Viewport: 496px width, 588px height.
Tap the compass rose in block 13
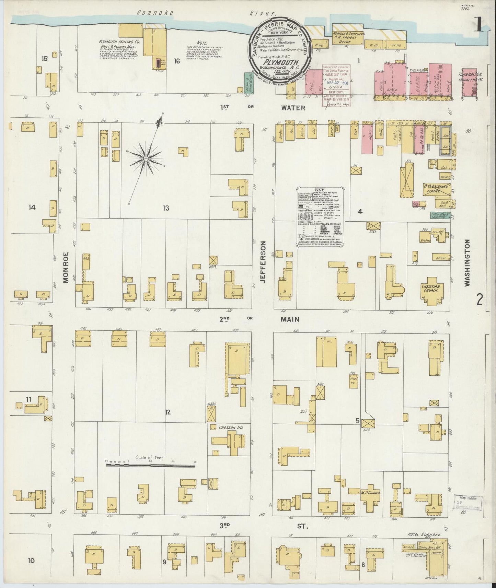[146, 159]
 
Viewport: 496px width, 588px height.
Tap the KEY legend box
[321, 217]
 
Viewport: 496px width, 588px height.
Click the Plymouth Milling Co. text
[117, 42]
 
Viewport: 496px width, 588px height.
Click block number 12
[168, 412]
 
